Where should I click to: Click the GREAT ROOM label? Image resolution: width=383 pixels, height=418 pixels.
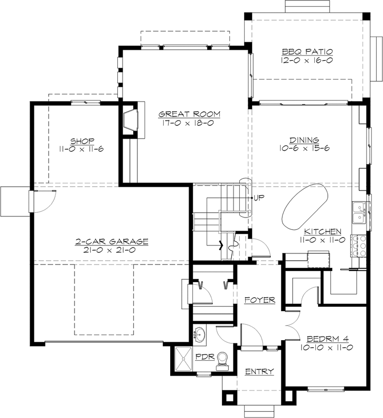click(x=189, y=114)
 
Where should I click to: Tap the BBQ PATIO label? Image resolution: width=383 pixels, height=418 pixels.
click(x=307, y=51)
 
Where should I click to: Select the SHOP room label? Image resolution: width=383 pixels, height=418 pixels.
click(x=82, y=141)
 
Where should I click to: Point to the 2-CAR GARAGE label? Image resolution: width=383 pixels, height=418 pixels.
click(x=111, y=241)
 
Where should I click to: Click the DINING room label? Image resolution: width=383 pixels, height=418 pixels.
click(x=304, y=140)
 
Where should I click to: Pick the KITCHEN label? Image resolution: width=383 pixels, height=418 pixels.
click(x=323, y=231)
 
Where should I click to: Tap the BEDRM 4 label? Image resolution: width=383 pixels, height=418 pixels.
click(x=328, y=339)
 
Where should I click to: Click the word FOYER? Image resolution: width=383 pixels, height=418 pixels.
click(x=260, y=300)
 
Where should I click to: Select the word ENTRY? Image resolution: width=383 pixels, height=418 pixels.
click(x=259, y=371)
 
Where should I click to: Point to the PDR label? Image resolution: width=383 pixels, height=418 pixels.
click(x=205, y=357)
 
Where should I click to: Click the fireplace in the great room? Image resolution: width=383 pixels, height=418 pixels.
click(x=131, y=120)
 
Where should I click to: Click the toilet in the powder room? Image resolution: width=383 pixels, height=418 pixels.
click(x=222, y=361)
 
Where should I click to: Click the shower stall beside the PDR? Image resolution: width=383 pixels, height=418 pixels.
click(x=183, y=359)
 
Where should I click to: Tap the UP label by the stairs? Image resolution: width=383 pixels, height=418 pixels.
click(x=259, y=197)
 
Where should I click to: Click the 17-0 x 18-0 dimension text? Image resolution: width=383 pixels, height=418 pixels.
click(x=188, y=123)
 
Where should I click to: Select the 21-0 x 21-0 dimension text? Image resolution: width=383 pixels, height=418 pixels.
click(x=109, y=250)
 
